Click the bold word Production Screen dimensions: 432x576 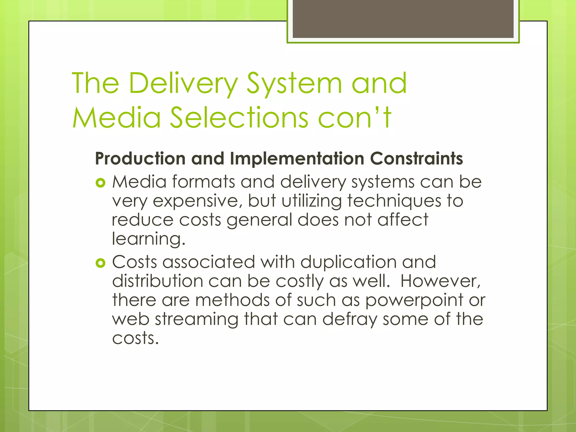click(140, 159)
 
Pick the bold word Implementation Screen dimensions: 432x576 click(297, 159)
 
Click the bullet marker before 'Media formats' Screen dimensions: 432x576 click(100, 183)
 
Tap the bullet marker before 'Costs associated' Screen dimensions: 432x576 click(100, 263)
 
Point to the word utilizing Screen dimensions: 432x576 click(312, 201)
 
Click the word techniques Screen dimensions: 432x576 click(394, 201)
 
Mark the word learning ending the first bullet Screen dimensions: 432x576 click(148, 239)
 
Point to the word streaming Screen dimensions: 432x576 click(196, 319)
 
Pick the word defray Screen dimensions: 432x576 click(349, 319)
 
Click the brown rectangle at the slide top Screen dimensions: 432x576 click(403, 19)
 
